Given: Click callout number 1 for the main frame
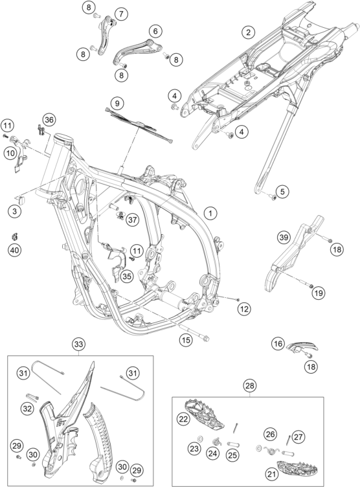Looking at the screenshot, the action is coord(210,213).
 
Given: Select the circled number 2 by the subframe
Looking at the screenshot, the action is coord(248,32).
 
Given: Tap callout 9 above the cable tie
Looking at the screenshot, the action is coord(117,103).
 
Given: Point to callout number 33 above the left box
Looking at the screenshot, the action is coord(79,344).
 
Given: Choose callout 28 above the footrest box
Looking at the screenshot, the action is coord(250,386).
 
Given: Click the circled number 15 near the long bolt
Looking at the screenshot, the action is coord(186,340).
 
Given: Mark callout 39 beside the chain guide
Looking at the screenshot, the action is coord(284,238).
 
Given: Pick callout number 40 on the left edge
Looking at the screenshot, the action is coord(15,250).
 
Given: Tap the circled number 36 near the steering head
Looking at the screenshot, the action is coord(49,120).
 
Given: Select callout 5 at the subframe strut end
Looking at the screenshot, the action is coord(282,191).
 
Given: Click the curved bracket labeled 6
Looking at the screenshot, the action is coord(137,51).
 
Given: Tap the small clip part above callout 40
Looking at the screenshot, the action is coord(14,236).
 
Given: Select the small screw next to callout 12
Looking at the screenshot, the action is coord(238,299).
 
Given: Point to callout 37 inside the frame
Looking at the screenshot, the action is coord(133,220).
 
